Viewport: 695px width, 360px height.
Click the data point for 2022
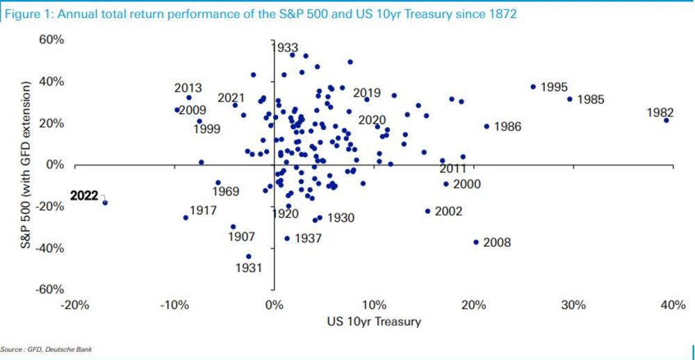(105, 202)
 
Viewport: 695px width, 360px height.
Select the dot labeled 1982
(666, 120)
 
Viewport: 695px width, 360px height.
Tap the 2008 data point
(476, 242)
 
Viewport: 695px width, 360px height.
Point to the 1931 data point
(249, 256)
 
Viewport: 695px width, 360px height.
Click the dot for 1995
(533, 87)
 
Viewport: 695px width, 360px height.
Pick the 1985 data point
(569, 99)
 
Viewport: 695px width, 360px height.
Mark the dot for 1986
(486, 126)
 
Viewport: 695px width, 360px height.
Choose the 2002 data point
(427, 211)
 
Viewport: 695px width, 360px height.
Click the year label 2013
(188, 88)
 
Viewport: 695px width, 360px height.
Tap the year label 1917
(204, 210)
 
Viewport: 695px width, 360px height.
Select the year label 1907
(242, 236)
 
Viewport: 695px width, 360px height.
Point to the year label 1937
(308, 238)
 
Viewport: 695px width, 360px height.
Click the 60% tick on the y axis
(51, 40)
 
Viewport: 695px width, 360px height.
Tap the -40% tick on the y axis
(49, 248)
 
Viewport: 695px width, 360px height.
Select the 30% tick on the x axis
(573, 306)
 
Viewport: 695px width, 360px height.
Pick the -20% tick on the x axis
(74, 306)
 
